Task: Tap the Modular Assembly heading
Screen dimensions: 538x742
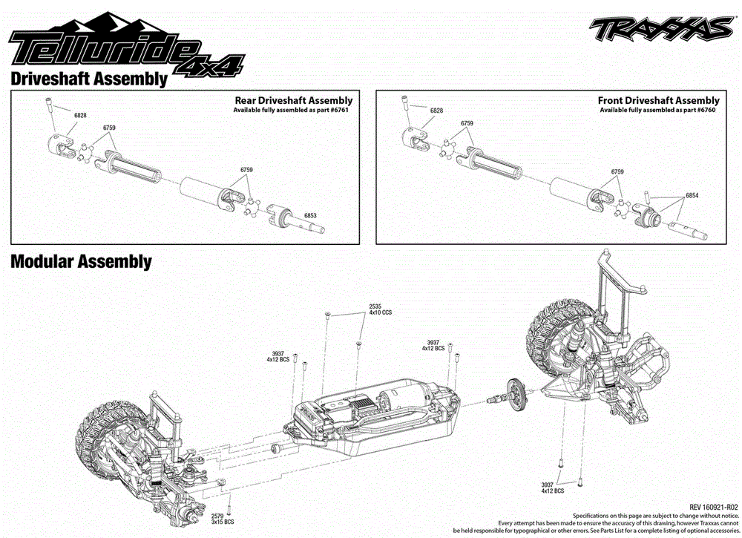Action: pos(81,261)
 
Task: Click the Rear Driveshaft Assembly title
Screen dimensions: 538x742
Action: pos(293,100)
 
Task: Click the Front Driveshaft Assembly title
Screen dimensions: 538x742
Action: pos(658,100)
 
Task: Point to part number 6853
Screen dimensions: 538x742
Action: pos(310,216)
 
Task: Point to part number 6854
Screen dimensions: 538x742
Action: pos(692,195)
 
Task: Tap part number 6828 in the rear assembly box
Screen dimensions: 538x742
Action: pos(80,116)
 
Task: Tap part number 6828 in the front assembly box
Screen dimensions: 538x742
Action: pos(437,111)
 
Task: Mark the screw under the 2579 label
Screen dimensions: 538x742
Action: pos(230,509)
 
